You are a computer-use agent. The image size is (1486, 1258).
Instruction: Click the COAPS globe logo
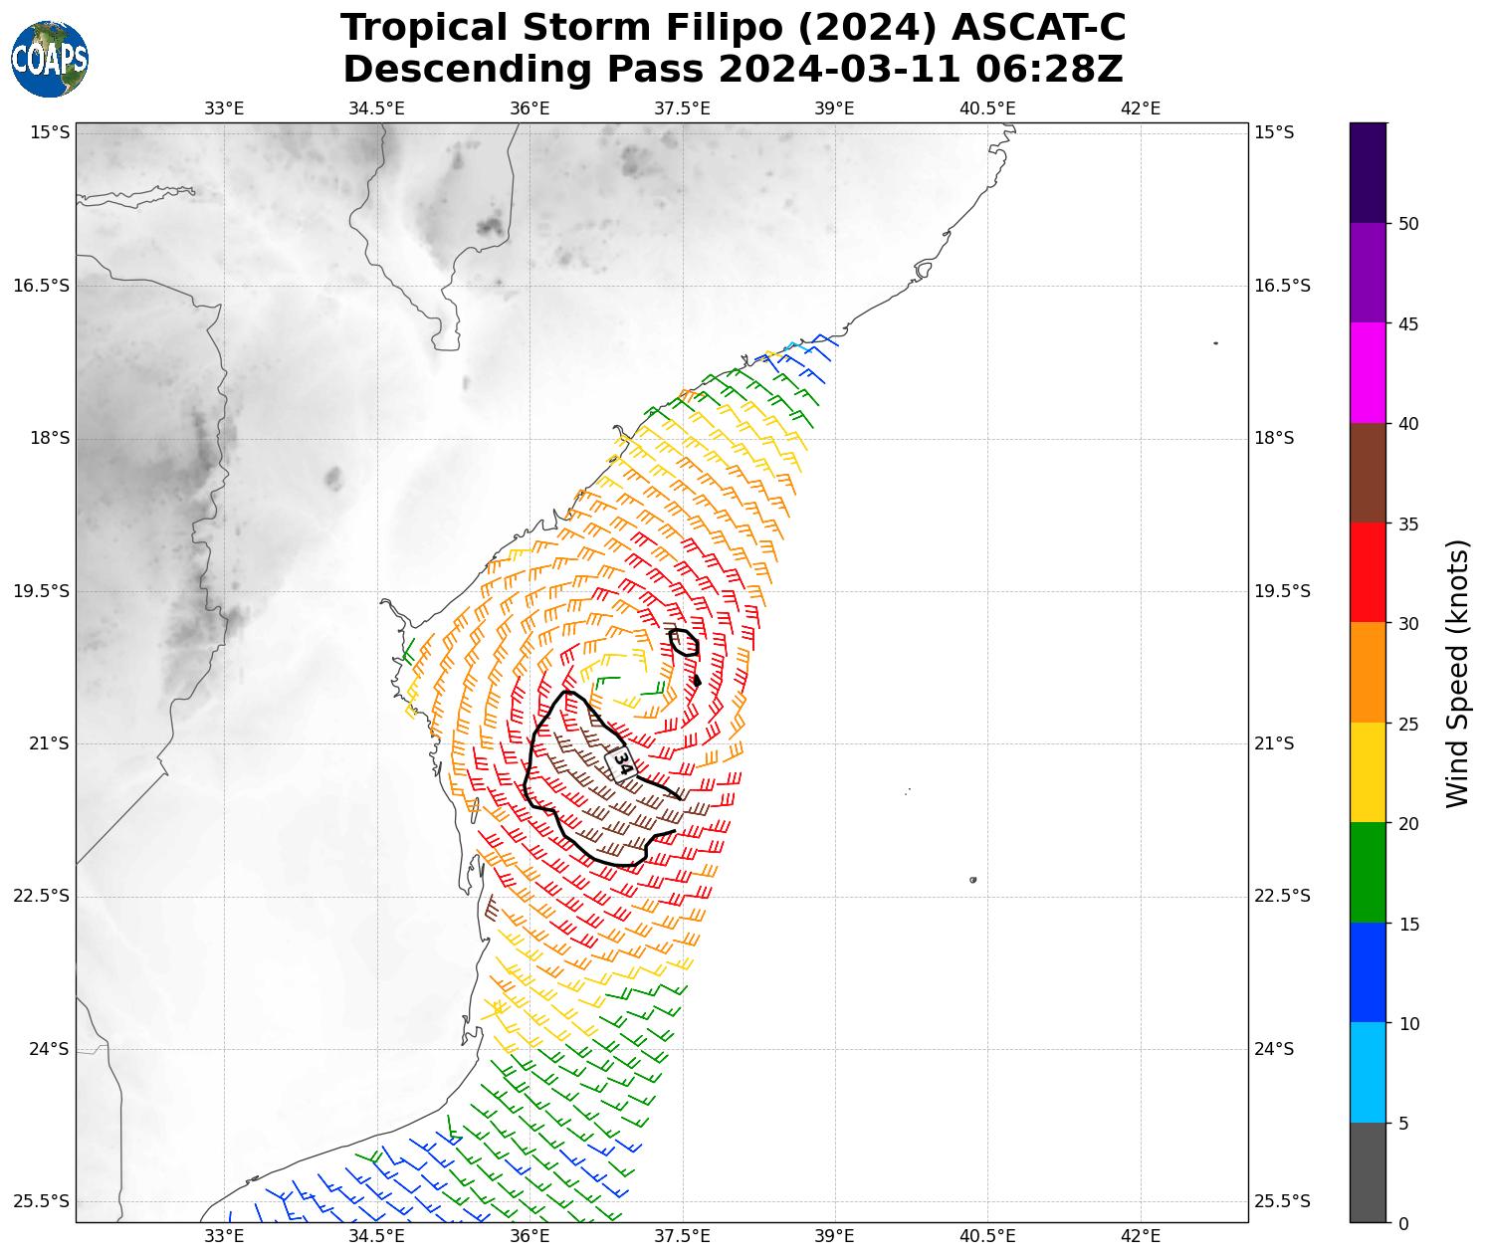tap(50, 59)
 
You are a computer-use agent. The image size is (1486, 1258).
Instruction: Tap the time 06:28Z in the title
tap(1049, 70)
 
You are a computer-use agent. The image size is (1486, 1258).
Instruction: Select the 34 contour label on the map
tap(621, 763)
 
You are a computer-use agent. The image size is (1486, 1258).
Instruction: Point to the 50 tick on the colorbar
tap(1407, 224)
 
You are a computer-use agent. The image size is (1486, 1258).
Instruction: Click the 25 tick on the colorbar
tap(1407, 724)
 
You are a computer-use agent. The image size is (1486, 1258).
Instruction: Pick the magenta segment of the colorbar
tap(1368, 373)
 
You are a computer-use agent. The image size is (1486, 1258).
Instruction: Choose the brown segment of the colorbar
tap(1368, 473)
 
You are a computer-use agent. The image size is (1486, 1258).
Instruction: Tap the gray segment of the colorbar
tap(1368, 1172)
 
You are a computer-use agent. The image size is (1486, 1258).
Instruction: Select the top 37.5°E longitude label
tap(682, 108)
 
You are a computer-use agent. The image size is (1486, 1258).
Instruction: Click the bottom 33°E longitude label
tap(224, 1237)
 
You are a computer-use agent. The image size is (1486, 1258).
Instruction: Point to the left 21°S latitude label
tap(41, 743)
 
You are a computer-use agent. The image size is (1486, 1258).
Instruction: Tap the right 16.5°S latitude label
tap(1282, 287)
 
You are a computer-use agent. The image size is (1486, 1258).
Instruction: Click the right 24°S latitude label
tap(1275, 1049)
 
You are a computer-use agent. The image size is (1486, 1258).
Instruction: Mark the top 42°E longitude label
tap(1141, 108)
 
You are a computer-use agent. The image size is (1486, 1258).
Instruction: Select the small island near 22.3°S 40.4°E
tap(972, 880)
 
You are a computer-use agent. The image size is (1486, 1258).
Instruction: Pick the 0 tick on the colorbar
tap(1403, 1223)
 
